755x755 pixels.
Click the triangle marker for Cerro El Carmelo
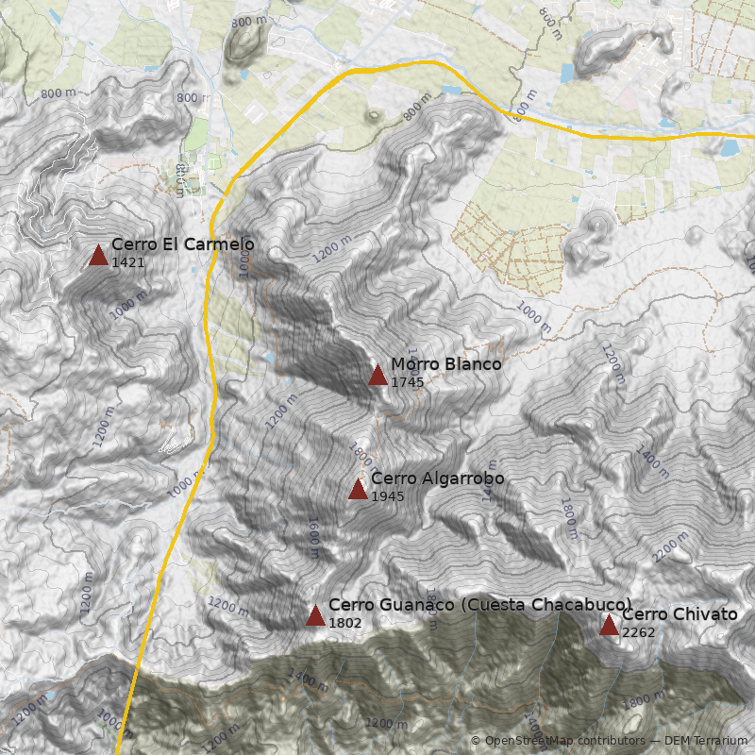click(x=98, y=255)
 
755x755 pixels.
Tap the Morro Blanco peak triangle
click(x=377, y=376)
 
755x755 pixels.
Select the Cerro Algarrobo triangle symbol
click(x=358, y=489)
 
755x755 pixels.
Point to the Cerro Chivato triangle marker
click(x=609, y=625)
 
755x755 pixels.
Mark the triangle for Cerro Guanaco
click(x=315, y=616)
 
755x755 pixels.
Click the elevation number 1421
click(x=128, y=262)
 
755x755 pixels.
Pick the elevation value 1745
click(x=408, y=382)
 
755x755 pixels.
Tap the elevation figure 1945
click(x=388, y=495)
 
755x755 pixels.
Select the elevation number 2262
click(x=639, y=631)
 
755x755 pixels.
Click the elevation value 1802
click(x=345, y=623)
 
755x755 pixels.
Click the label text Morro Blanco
click(x=446, y=364)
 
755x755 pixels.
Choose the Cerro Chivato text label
click(x=679, y=614)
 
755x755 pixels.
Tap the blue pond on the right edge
click(x=730, y=147)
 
